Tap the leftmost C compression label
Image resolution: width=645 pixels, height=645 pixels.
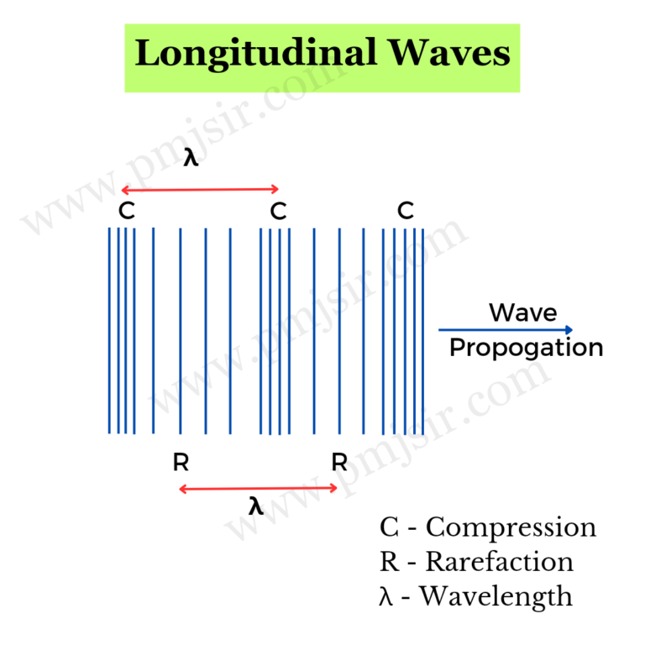coord(126,211)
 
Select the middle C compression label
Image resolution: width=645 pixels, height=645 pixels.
coord(279,211)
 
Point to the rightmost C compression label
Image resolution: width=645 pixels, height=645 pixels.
coord(406,211)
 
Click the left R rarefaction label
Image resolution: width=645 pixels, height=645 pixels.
coord(181,462)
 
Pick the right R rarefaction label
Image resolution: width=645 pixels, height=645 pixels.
coord(339,462)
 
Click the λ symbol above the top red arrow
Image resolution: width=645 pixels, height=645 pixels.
coord(191,158)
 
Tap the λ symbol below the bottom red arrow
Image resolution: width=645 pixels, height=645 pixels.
coord(256,506)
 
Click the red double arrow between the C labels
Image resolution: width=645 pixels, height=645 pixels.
coord(200,189)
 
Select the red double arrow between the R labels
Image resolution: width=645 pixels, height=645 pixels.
coord(259,488)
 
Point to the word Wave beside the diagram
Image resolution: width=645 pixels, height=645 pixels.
coord(523,313)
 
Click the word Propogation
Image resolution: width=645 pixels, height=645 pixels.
coord(527,348)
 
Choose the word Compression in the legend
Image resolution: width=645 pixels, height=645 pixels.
coord(511,528)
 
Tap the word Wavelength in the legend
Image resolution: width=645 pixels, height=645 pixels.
coord(496,596)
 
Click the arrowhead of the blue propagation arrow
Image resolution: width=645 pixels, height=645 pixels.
coord(570,330)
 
